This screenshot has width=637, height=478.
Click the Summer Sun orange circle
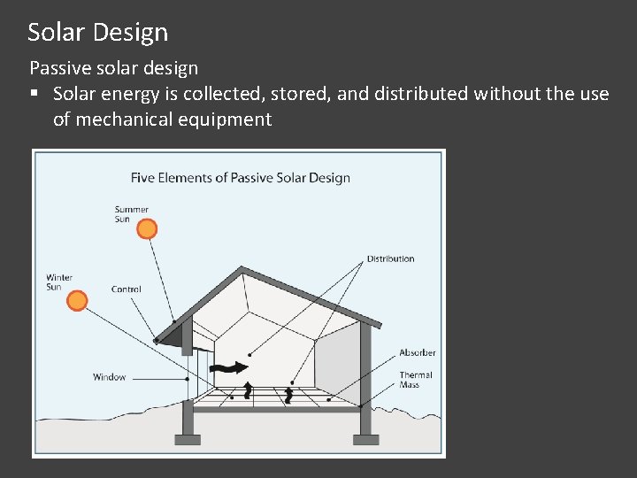[x=148, y=229]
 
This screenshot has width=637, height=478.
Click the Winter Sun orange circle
[x=78, y=301]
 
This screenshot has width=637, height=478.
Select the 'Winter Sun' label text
[x=59, y=282]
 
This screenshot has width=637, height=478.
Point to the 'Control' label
[x=127, y=289]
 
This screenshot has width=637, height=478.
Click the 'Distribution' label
[x=390, y=259]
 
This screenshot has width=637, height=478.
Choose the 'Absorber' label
[x=418, y=353]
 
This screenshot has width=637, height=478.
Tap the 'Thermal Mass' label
[x=416, y=380]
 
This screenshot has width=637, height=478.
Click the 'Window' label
[x=110, y=378]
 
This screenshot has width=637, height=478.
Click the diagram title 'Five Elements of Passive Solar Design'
[x=240, y=178]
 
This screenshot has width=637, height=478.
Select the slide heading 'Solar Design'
[x=97, y=33]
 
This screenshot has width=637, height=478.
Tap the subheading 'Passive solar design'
[x=114, y=68]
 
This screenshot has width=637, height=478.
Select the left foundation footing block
[x=187, y=439]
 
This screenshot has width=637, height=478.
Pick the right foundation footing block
[x=365, y=439]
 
